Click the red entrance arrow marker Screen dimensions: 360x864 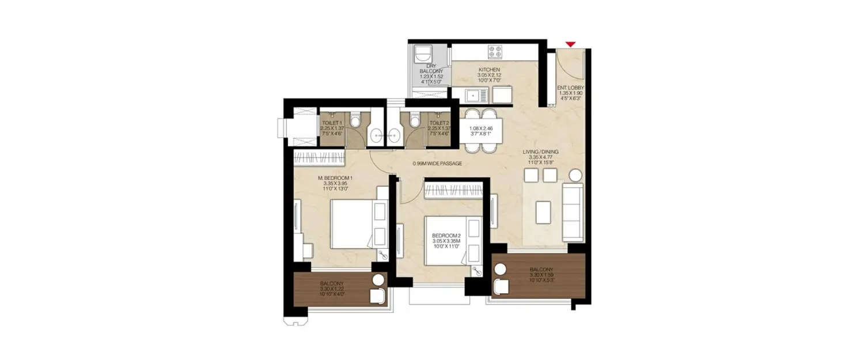click(x=570, y=44)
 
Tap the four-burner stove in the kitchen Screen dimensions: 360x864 click(x=495, y=52)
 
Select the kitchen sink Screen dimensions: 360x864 click(x=476, y=93)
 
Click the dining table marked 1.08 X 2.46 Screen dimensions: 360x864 click(x=481, y=131)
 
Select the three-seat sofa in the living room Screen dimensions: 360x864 click(x=573, y=212)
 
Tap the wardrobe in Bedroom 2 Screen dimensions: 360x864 click(x=453, y=190)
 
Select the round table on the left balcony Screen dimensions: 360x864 click(x=378, y=281)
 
